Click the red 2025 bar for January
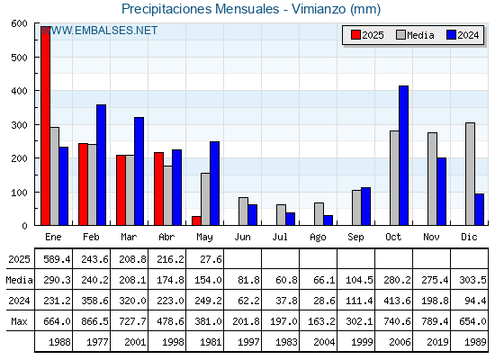tap(45, 126)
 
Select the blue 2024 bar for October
tap(404, 156)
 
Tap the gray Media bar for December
tap(470, 174)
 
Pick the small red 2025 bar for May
tap(196, 220)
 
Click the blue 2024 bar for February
tap(101, 165)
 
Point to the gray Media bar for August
tap(319, 214)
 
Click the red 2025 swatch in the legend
tap(355, 35)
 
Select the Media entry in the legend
tap(415, 35)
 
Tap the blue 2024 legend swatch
tap(451, 35)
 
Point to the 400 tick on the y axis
tap(19, 91)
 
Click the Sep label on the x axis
tap(355, 238)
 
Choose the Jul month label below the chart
tap(280, 238)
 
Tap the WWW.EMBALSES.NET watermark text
tap(99, 31)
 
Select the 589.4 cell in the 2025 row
tap(57, 259)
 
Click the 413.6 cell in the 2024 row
tap(397, 301)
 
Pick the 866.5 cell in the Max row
tap(94, 321)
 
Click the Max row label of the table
tap(19, 321)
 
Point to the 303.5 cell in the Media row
tap(472, 280)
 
